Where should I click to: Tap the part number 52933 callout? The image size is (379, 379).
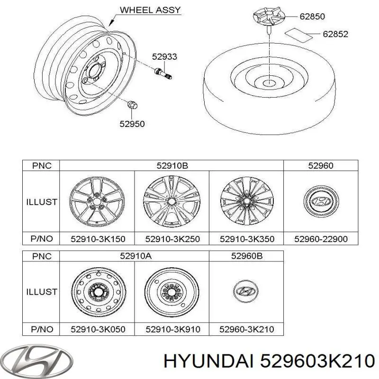[x=164, y=57]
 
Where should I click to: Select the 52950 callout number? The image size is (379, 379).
[x=132, y=124]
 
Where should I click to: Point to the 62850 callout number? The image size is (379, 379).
[x=312, y=17]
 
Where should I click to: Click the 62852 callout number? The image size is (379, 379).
[x=335, y=34]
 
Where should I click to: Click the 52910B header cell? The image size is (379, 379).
[x=171, y=165]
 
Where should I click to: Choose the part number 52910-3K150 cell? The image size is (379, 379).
[x=97, y=239]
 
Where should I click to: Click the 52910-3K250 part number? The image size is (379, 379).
[x=171, y=239]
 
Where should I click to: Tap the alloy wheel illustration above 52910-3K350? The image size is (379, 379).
[x=246, y=201]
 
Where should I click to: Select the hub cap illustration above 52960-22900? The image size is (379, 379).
[x=321, y=202]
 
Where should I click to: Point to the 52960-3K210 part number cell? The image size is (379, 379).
[x=246, y=329]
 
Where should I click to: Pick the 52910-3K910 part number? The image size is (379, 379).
[x=171, y=329]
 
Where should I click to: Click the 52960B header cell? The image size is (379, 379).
[x=246, y=256]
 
